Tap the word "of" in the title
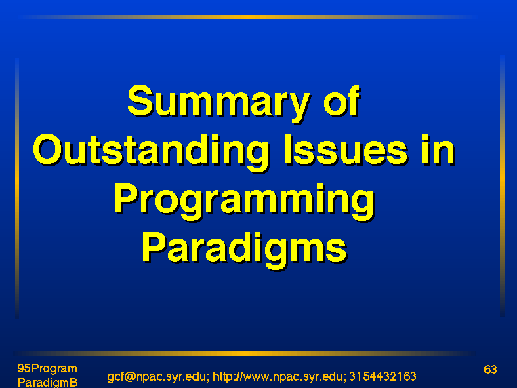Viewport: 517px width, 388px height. [x=342, y=100]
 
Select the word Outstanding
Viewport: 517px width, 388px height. [x=150, y=153]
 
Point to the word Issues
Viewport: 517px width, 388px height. [x=345, y=149]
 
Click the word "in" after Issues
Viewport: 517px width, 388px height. [x=438, y=149]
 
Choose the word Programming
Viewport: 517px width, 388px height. [x=244, y=201]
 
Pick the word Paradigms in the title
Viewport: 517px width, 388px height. [x=245, y=250]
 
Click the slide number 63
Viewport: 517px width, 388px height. [x=491, y=369]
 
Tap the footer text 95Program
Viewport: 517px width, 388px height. [x=47, y=368]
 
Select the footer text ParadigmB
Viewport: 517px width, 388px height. [x=47, y=383]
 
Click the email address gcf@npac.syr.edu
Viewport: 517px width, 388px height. [x=157, y=376]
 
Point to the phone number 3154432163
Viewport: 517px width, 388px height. [x=382, y=376]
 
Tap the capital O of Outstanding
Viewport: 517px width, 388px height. [x=47, y=149]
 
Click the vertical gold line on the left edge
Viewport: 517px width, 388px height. [x=17, y=188]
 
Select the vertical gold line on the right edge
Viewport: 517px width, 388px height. [x=502, y=186]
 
